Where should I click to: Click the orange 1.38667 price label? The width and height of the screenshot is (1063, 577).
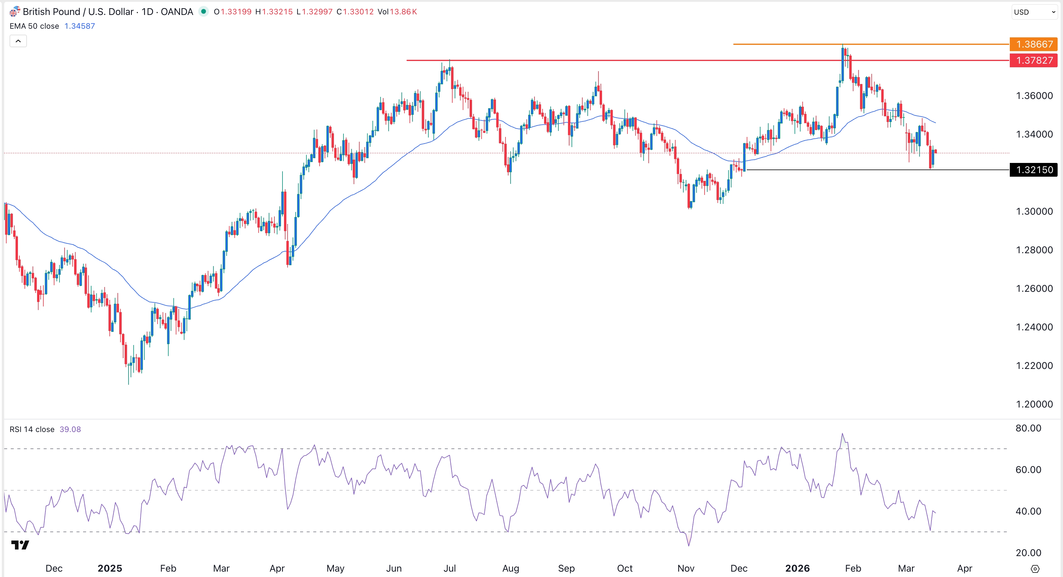click(1034, 44)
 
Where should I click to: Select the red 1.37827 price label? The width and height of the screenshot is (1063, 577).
click(1034, 60)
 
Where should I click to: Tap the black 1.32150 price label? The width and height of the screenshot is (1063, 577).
click(1034, 170)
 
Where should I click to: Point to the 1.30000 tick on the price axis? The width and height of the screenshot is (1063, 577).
click(1034, 211)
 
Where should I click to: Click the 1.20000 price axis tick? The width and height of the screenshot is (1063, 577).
click(1034, 404)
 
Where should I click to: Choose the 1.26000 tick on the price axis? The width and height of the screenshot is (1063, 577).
click(1034, 288)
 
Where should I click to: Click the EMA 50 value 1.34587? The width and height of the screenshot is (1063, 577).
click(80, 26)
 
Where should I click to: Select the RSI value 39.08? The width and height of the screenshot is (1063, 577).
click(70, 429)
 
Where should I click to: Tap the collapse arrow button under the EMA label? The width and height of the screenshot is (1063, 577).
click(18, 41)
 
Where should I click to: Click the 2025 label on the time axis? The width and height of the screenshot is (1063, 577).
click(110, 568)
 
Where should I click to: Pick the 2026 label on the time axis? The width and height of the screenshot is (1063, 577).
click(797, 568)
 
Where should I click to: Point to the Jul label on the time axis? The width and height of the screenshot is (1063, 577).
click(449, 568)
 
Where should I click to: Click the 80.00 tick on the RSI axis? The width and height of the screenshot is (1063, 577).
click(1028, 428)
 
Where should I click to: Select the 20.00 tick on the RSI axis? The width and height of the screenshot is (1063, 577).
click(1028, 553)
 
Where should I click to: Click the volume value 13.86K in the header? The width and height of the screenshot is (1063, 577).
click(403, 12)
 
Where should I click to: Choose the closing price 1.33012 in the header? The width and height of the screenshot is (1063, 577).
click(358, 12)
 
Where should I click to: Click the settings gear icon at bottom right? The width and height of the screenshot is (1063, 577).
click(1035, 569)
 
